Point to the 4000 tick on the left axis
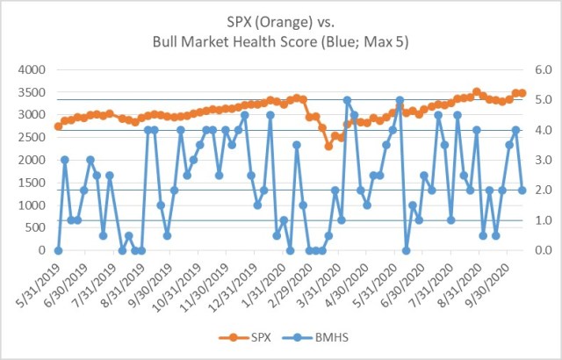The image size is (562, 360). pos(32,69)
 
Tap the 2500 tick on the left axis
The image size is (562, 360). pos(32,137)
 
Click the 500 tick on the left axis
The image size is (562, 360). pos(35,227)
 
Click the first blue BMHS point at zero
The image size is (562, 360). pos(58,250)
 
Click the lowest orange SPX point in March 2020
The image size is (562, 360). pos(328,146)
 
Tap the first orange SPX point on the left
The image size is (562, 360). pos(58,126)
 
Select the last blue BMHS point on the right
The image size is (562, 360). pos(522,190)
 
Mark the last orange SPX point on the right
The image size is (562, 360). pos(522,93)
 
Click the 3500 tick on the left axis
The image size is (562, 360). pos(32,92)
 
